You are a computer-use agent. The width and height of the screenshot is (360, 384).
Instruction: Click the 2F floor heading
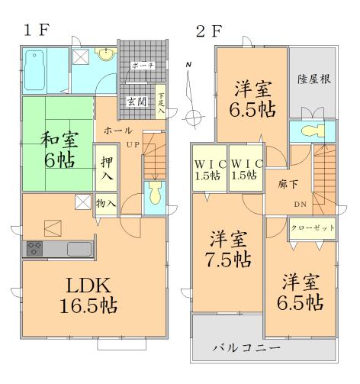click(x=209, y=32)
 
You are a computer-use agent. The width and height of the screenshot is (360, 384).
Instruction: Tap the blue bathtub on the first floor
click(x=38, y=69)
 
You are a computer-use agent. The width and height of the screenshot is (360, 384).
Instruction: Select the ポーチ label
click(x=143, y=66)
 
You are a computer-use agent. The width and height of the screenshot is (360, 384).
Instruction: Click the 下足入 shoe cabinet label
click(x=161, y=102)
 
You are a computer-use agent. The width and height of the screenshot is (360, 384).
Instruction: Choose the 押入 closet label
click(x=106, y=169)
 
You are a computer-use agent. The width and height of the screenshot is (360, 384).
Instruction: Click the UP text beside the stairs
click(x=132, y=144)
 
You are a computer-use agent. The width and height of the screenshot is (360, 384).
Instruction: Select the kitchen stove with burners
click(x=36, y=248)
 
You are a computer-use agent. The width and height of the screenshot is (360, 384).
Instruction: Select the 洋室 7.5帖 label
click(x=230, y=249)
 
